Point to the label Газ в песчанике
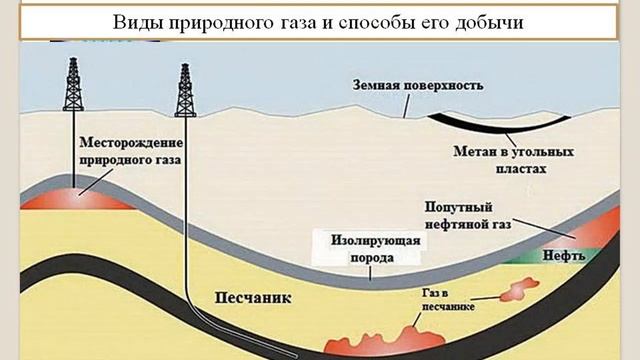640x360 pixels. [442, 301]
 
